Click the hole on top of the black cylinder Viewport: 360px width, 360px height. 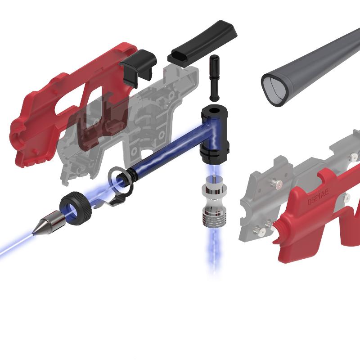point(214,110)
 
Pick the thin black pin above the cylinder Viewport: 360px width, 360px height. point(214,77)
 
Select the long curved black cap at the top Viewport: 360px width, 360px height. point(202,44)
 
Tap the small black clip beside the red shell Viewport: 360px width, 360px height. point(138,68)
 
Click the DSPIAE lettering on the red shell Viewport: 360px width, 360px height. point(318,196)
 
